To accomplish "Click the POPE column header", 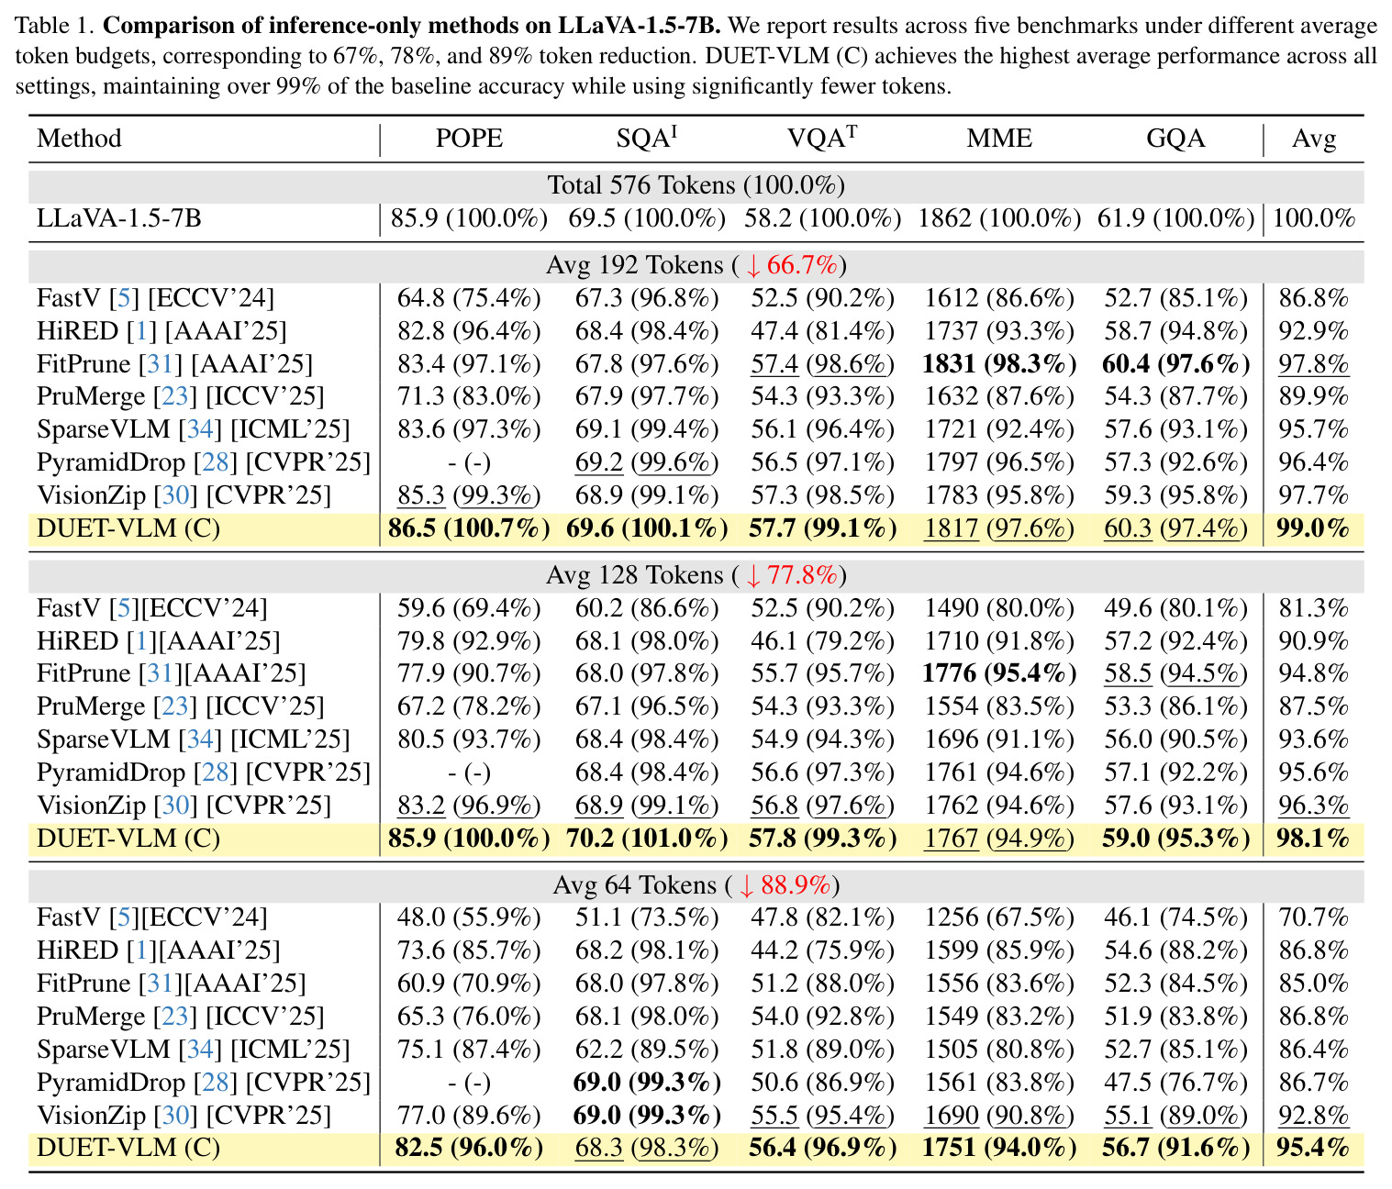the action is click(x=469, y=138).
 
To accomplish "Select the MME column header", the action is click(x=998, y=138).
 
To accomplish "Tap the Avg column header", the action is click(x=1313, y=139).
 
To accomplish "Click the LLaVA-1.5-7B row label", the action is click(x=118, y=218).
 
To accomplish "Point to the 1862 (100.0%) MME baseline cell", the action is click(x=998, y=218).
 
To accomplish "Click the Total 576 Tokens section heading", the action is click(x=696, y=184).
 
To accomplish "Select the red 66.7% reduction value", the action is click(x=801, y=264).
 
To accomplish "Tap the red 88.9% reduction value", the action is click(x=796, y=884).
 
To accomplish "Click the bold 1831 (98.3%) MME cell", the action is click(x=998, y=363).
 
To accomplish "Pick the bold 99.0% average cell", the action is click(x=1312, y=528).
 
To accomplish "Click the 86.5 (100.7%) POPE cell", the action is click(x=469, y=528).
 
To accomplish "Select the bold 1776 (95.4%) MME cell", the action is click(x=998, y=672).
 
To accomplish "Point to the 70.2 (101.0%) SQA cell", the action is click(x=647, y=839).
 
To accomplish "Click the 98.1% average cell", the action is click(x=1312, y=839).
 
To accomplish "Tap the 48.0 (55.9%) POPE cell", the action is click(x=469, y=917).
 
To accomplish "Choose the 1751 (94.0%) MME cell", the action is click(x=998, y=1148).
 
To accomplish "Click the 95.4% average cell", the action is click(x=1312, y=1148).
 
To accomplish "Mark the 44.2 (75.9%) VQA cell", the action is click(x=822, y=950).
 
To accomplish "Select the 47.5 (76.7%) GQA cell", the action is click(x=1175, y=1082).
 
